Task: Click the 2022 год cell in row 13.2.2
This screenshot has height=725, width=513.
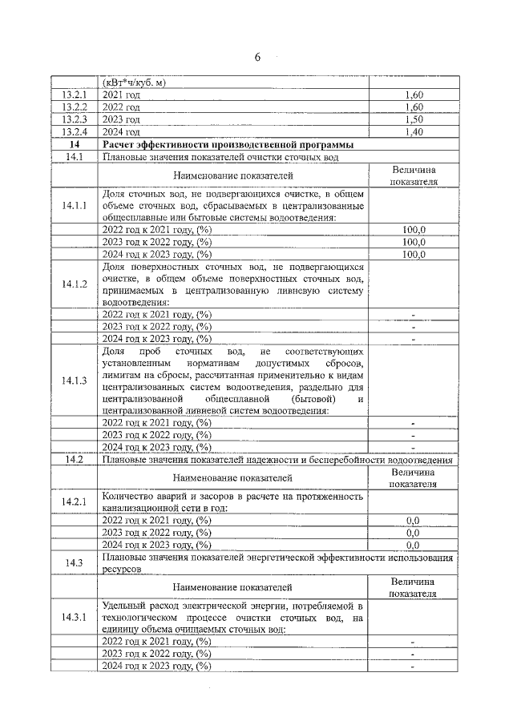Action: tap(122, 107)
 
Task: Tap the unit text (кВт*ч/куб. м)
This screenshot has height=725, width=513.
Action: tap(145, 82)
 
